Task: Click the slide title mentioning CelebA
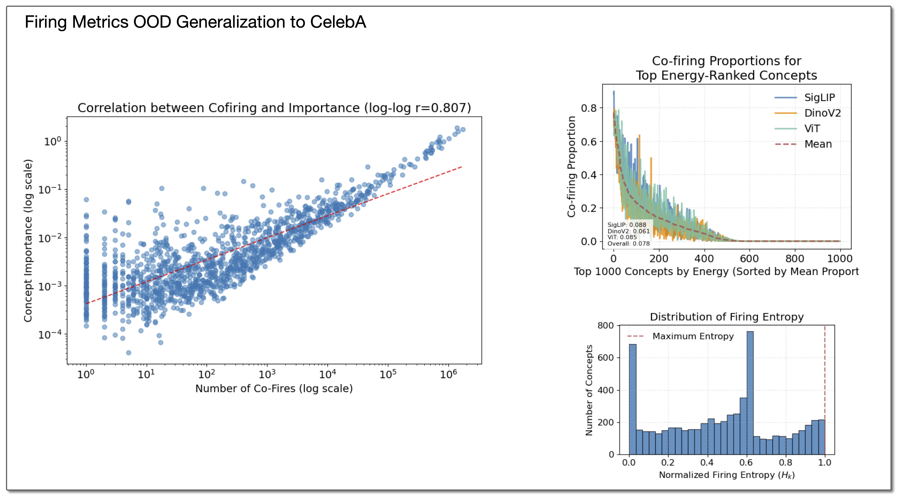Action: coord(195,22)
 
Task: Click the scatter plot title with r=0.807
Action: coord(274,108)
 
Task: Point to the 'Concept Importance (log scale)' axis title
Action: coord(28,241)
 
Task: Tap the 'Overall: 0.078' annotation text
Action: coord(628,243)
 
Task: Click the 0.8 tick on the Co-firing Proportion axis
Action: coord(589,108)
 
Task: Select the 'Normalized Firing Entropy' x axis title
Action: coord(727,475)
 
